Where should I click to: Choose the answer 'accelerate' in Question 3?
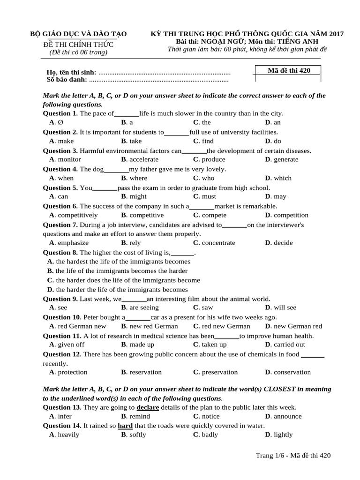(144, 159)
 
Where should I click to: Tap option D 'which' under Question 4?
(282, 178)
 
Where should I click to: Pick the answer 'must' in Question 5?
(209, 196)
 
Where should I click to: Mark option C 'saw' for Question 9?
(207, 307)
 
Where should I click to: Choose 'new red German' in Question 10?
(154, 326)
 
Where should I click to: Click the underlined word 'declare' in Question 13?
(148, 407)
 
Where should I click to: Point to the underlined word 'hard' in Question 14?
(125, 426)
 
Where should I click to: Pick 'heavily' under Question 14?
(68, 435)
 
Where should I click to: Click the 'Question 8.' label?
(60, 252)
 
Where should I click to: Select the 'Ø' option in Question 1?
(60, 122)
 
